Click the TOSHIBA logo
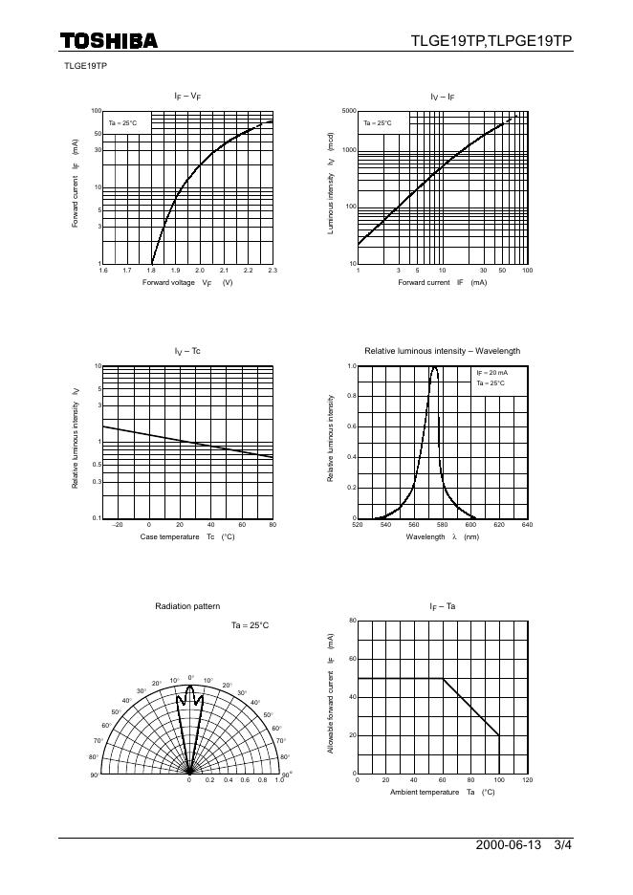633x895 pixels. pos(108,40)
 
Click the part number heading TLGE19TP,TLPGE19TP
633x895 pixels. pos(491,40)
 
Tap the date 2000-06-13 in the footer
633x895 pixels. pos(508,846)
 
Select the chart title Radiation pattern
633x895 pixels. pos(187,606)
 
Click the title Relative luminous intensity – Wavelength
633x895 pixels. pos(442,351)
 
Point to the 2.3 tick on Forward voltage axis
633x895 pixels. pos(273,272)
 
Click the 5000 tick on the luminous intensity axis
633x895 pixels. pos(349,111)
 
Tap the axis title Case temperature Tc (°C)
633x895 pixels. pos(187,537)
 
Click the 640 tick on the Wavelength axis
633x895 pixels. pos(527,526)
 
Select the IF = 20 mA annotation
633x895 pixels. pos(492,373)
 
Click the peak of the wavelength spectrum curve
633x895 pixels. pos(434,367)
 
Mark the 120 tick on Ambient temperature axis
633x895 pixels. pos(527,780)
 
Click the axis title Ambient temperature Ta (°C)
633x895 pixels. pos(442,793)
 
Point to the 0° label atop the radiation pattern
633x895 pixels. pos(190,677)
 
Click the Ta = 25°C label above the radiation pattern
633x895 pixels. pos(250,625)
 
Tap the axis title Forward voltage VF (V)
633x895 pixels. pos(187,283)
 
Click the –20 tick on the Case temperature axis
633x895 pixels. pos(118,526)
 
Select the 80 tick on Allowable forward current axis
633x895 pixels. pos(352,621)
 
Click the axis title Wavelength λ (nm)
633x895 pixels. pos(442,537)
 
